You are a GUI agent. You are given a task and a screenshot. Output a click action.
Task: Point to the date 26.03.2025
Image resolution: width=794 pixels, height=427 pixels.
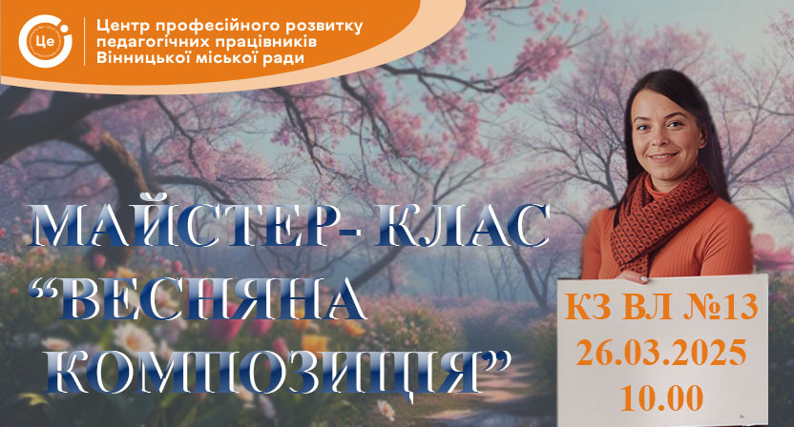[661, 352]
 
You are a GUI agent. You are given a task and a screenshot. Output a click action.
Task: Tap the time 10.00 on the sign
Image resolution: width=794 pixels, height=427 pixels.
[662, 397]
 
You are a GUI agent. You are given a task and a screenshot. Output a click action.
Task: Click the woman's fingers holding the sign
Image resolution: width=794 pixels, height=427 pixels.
[632, 276]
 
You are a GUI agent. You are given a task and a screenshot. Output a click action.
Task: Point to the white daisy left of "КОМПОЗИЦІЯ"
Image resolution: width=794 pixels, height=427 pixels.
[134, 338]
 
